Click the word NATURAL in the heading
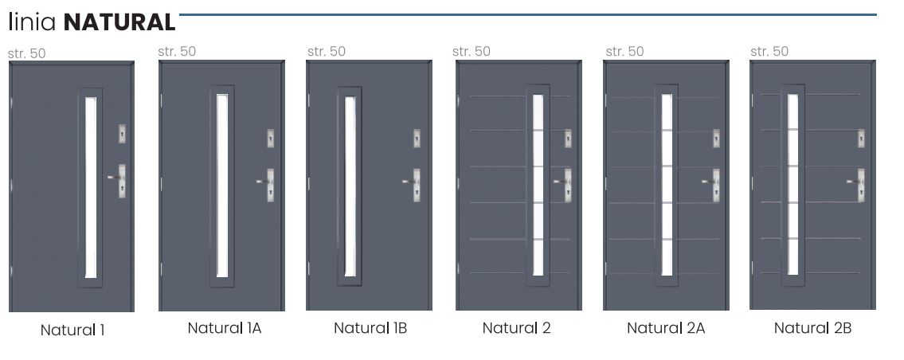[119, 22]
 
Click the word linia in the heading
[33, 22]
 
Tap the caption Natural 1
[72, 330]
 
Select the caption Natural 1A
[224, 327]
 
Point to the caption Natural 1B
[370, 327]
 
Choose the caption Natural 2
[516, 327]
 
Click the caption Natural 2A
[665, 327]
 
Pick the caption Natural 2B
[812, 327]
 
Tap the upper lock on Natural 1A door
[271, 138]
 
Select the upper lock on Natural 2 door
[568, 137]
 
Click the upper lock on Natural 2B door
[861, 137]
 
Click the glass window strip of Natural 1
[90, 186]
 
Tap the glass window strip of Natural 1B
[349, 186]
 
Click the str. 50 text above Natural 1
[27, 54]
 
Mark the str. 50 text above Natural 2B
[769, 52]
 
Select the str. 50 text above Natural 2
[472, 52]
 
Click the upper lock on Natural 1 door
[121, 133]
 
